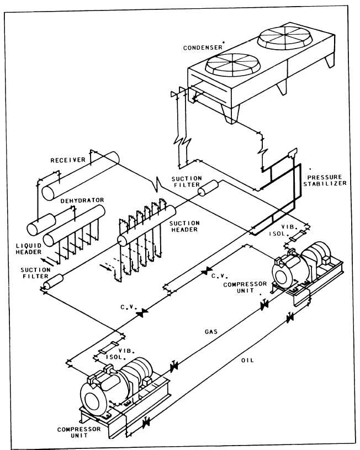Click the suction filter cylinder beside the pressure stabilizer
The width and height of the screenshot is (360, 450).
tap(209, 189)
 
